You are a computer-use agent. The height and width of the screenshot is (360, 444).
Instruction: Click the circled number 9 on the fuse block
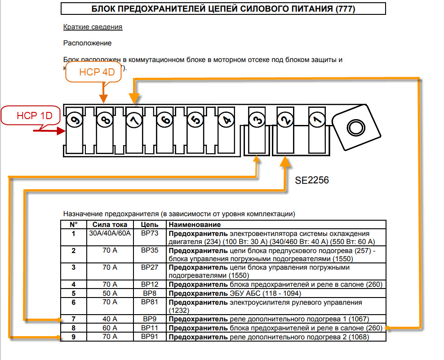74,120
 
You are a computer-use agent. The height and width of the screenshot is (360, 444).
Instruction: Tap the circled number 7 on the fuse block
133,120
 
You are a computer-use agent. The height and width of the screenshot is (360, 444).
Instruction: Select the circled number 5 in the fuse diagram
195,120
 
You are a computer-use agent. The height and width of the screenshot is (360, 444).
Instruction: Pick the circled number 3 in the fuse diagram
257,120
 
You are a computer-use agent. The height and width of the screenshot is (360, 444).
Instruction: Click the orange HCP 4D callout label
93,72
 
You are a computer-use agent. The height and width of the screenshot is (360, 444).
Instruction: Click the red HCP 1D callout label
31,116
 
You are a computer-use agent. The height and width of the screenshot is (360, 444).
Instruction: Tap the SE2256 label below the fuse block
312,181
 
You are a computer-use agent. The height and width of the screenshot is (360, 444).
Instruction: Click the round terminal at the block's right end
355,127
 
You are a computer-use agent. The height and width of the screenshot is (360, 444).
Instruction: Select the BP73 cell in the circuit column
150,233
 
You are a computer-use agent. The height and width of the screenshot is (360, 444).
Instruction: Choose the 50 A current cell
110,293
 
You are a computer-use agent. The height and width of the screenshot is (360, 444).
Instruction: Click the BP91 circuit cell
150,336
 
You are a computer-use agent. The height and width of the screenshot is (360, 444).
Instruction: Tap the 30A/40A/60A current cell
110,233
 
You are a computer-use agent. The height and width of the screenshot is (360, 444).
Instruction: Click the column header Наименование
194,224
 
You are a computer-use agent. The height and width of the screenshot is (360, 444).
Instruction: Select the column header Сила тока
110,224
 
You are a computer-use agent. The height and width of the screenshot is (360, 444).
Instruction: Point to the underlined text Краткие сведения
93,27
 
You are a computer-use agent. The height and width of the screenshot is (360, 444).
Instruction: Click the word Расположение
87,43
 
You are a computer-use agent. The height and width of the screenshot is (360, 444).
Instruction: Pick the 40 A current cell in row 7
110,319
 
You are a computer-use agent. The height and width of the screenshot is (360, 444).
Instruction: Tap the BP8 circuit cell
150,293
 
